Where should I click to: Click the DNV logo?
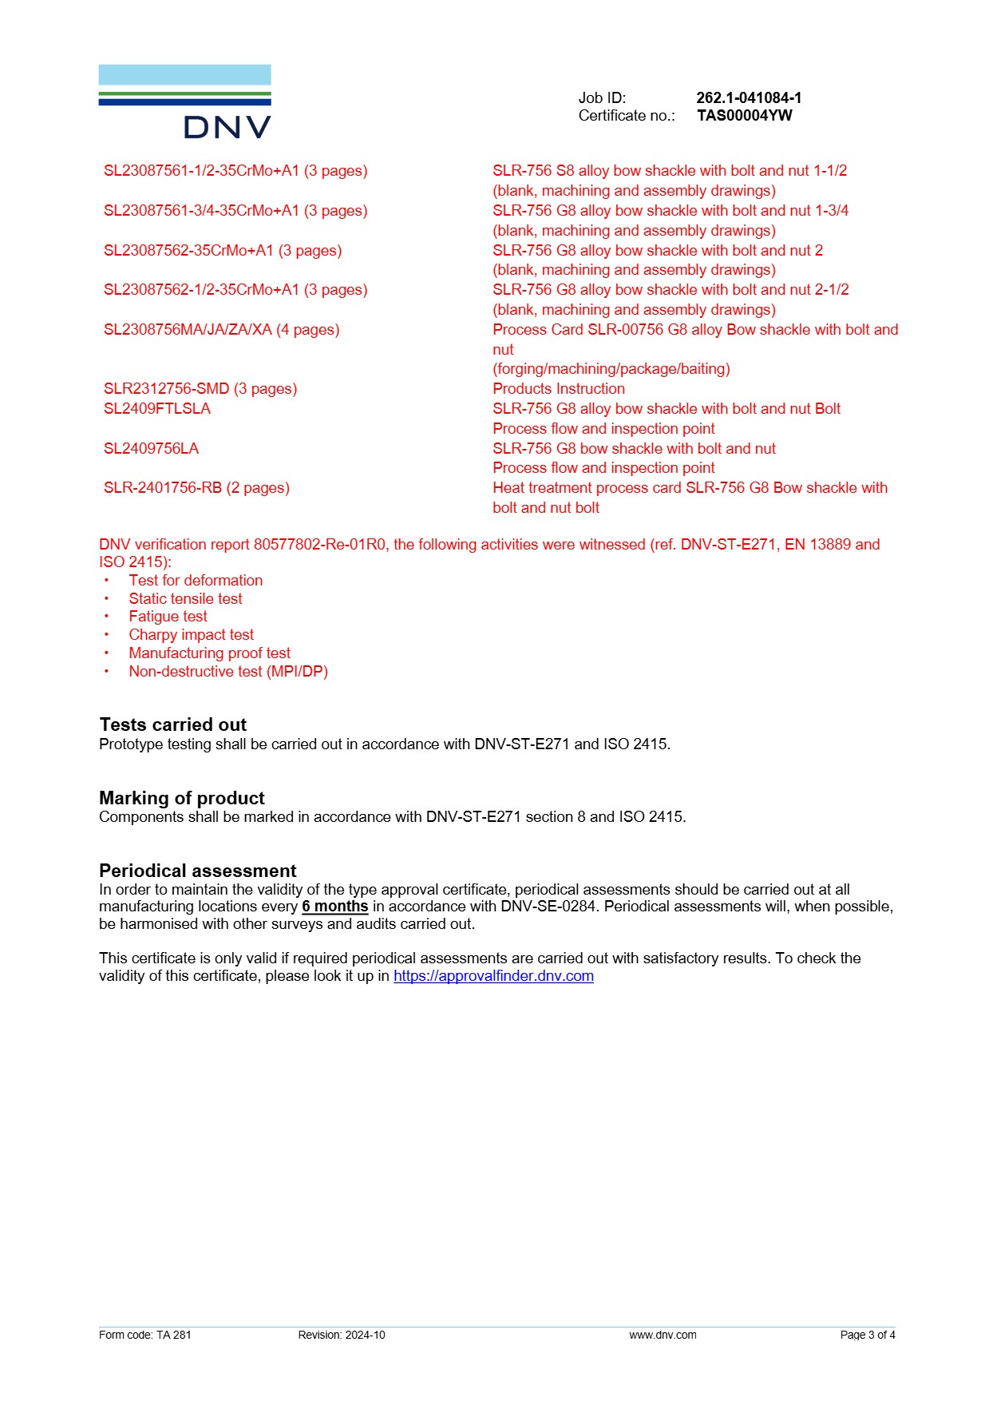(x=185, y=101)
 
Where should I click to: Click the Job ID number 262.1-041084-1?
(x=748, y=97)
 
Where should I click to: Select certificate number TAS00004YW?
(x=744, y=116)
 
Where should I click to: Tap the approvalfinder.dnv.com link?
(x=493, y=976)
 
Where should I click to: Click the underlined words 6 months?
(x=334, y=907)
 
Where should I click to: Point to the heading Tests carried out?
(x=173, y=724)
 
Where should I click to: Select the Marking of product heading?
(x=182, y=798)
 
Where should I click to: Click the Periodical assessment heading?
(x=197, y=871)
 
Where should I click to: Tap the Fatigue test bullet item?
(x=168, y=617)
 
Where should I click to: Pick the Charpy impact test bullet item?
(x=191, y=635)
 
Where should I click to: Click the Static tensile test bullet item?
(x=185, y=599)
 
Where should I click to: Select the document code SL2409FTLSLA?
(x=157, y=409)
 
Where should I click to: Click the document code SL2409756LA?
(x=151, y=449)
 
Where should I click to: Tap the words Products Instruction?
(x=559, y=389)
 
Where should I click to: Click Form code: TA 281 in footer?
(x=145, y=1335)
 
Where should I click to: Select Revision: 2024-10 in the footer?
(x=342, y=1335)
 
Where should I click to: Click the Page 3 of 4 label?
(x=868, y=1335)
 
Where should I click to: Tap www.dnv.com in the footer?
(x=663, y=1335)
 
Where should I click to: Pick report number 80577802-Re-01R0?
(x=320, y=545)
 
